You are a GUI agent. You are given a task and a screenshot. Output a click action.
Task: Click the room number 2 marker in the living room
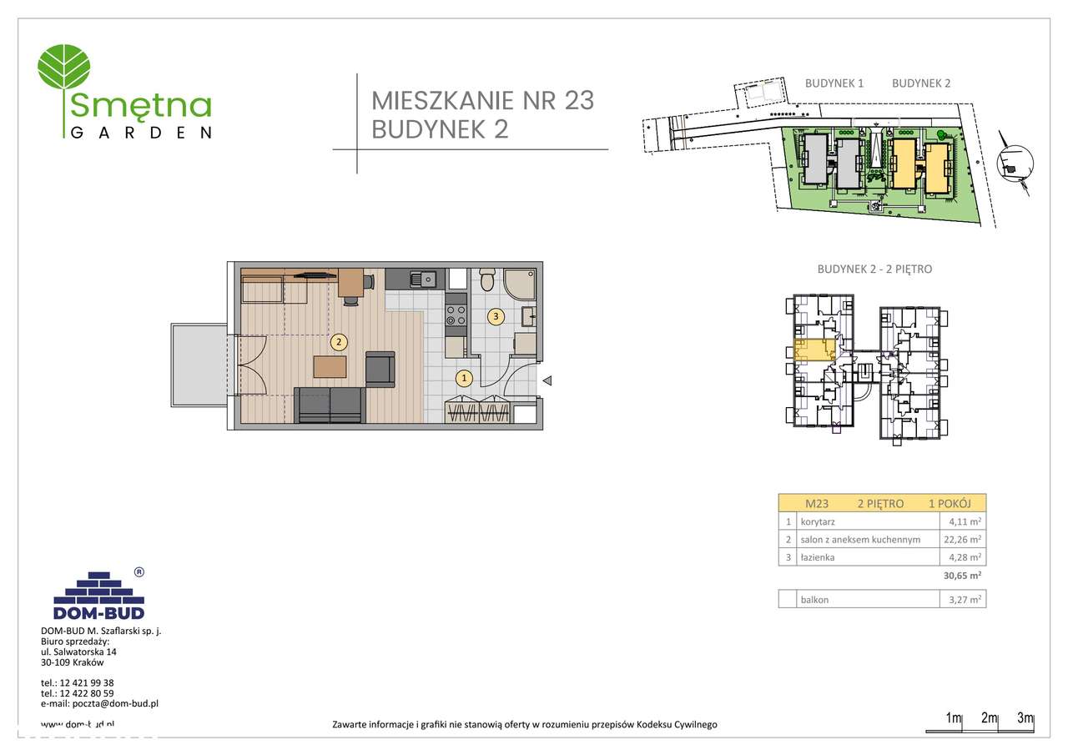pyautogui.click(x=339, y=341)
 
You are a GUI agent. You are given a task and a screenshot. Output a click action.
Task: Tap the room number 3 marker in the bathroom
pyautogui.click(x=496, y=316)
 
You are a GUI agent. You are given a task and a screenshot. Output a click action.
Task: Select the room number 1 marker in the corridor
pyautogui.click(x=464, y=379)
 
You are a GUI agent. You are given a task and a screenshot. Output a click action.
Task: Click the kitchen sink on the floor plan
pyautogui.click(x=418, y=279)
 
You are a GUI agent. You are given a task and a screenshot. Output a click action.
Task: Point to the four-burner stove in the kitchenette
pyautogui.click(x=456, y=314)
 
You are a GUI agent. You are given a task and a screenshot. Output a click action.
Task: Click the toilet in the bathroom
pyautogui.click(x=488, y=279)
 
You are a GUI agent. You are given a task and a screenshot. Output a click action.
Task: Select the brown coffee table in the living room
pyautogui.click(x=330, y=367)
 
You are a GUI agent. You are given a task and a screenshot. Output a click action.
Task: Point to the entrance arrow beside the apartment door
pyautogui.click(x=547, y=380)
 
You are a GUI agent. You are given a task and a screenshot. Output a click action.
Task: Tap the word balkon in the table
pyautogui.click(x=814, y=599)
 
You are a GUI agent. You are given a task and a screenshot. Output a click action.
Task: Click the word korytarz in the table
pyautogui.click(x=819, y=521)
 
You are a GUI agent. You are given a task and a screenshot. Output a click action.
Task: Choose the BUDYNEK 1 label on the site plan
pyautogui.click(x=834, y=83)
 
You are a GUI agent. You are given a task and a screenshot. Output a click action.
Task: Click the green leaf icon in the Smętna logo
pyautogui.click(x=68, y=66)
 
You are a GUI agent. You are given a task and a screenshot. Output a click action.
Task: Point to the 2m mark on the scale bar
pyautogui.click(x=990, y=718)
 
